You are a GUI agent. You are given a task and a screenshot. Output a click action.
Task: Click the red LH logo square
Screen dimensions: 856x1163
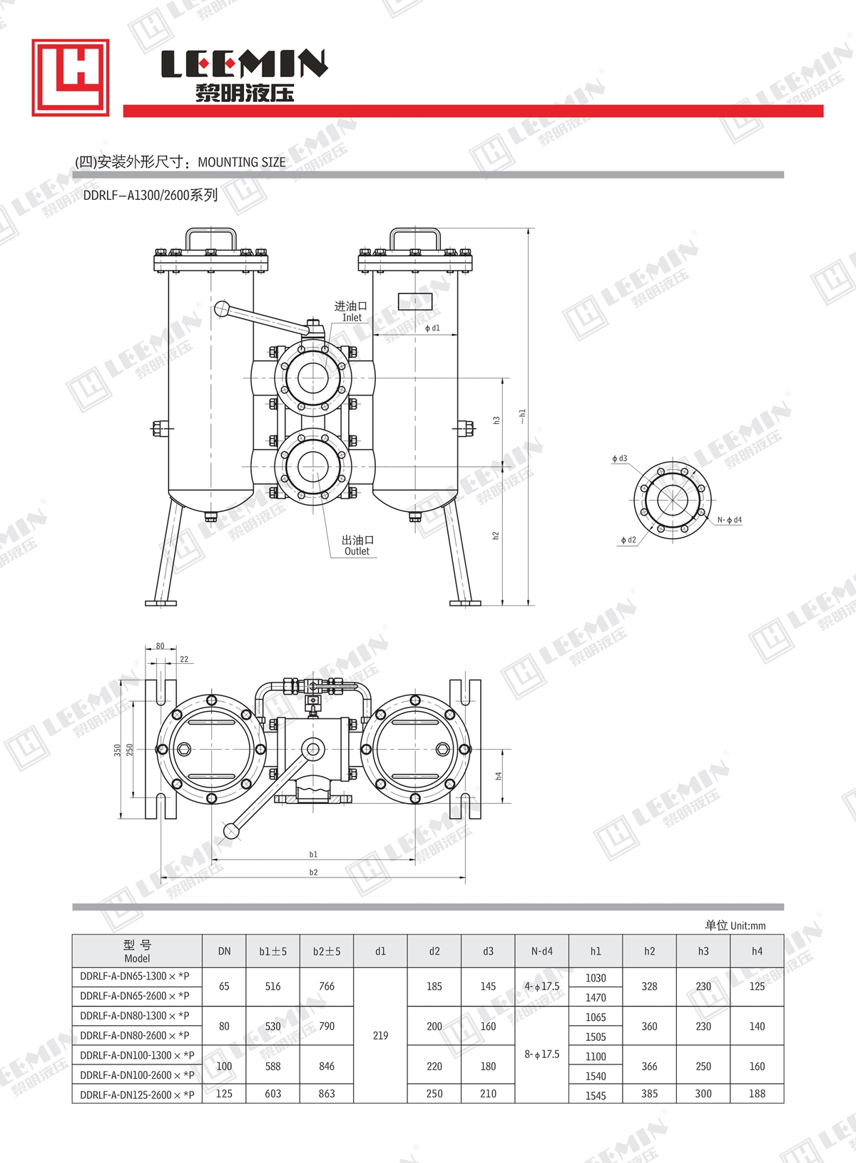[x=71, y=77]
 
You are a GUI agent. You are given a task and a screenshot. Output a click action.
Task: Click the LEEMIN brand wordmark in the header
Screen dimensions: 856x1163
[x=245, y=64]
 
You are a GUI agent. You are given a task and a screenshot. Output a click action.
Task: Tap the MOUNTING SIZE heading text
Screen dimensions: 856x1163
[x=242, y=162]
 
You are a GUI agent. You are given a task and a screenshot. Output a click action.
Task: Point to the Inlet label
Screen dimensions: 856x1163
[x=352, y=317]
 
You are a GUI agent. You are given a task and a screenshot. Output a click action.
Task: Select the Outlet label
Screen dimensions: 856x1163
[x=357, y=551]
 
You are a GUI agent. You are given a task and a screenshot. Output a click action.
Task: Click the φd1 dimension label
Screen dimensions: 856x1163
[x=432, y=328]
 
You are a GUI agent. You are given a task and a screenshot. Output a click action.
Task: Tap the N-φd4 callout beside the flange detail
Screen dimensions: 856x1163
[x=730, y=519]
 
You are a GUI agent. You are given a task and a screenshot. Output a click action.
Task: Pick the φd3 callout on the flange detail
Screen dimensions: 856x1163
[x=619, y=458]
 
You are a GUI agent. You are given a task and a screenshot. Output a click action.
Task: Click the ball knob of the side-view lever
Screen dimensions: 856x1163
[x=222, y=309]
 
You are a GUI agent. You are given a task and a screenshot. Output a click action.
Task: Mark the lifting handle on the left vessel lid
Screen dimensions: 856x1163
[x=211, y=238]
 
